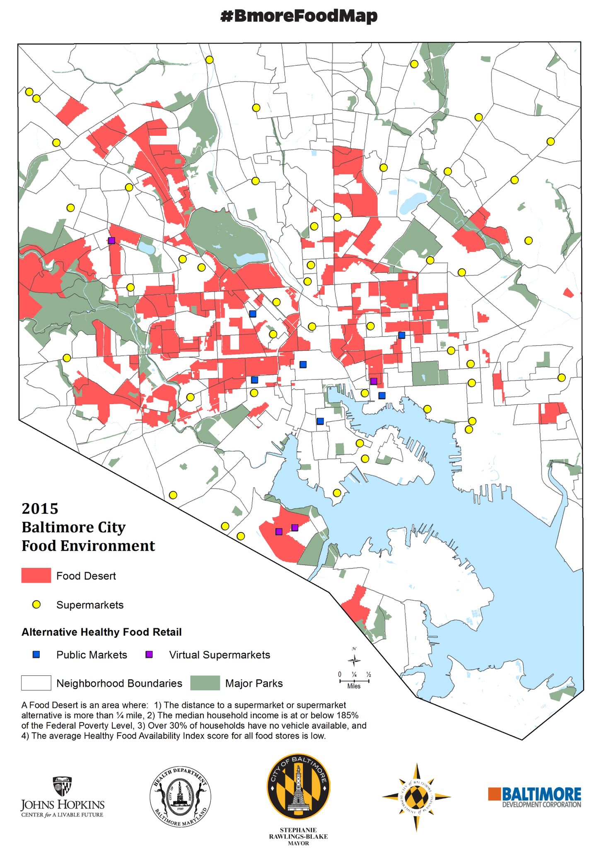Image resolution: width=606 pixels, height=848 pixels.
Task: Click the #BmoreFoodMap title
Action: [x=299, y=16]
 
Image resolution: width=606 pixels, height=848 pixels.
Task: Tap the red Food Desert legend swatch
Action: [x=36, y=576]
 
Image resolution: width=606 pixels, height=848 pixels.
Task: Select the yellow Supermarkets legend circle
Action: [x=36, y=605]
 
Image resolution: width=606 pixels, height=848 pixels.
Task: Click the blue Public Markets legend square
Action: [x=36, y=655]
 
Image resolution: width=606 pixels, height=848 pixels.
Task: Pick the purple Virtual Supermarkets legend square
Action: [x=149, y=655]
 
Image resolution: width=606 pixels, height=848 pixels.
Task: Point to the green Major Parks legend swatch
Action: [x=205, y=683]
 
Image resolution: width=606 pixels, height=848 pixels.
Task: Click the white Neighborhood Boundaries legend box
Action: [x=36, y=683]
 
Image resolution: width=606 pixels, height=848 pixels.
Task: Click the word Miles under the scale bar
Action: [x=354, y=686]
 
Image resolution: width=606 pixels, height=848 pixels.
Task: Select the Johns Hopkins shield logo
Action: [x=62, y=786]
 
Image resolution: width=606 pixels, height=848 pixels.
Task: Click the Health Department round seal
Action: [x=180, y=797]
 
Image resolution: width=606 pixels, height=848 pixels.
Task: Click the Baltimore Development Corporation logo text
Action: [x=541, y=797]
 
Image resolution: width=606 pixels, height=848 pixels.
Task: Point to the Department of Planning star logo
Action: [x=416, y=797]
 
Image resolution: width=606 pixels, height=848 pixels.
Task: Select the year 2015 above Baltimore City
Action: [x=40, y=508]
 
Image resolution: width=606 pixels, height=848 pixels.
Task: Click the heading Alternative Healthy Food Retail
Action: [x=101, y=632]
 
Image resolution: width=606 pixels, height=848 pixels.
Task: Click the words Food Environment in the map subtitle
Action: [x=88, y=546]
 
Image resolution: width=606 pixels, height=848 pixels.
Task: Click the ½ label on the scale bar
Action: [x=369, y=675]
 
